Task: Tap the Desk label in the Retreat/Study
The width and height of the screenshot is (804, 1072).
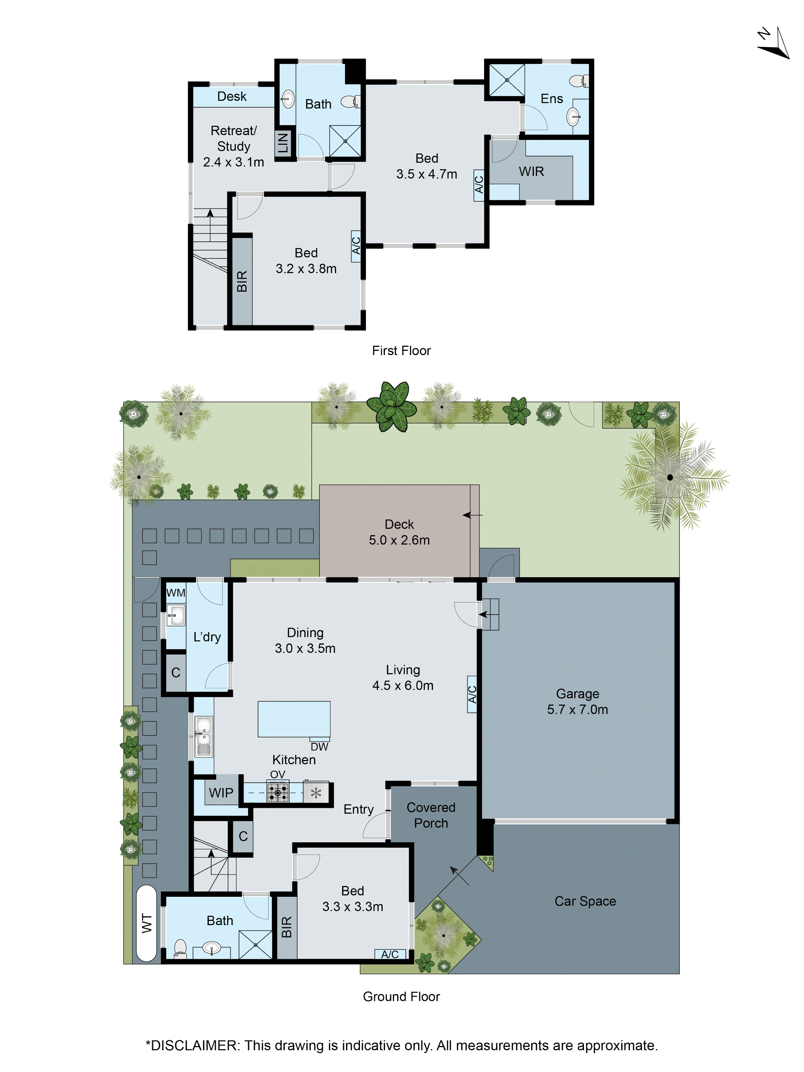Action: click(232, 96)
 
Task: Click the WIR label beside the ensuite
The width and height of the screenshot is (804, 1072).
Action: click(531, 172)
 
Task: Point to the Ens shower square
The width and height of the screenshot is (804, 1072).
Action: click(507, 80)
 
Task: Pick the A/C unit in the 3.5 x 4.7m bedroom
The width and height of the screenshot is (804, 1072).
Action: click(479, 185)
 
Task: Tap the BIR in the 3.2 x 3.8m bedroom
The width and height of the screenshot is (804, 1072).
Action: click(242, 281)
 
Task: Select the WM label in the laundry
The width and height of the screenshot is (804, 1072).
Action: click(176, 593)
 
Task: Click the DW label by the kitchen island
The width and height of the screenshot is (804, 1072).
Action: click(319, 747)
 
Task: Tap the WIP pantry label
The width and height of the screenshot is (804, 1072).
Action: click(221, 793)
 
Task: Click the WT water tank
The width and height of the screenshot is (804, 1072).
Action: click(146, 923)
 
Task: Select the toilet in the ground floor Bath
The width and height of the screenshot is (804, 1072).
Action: click(180, 947)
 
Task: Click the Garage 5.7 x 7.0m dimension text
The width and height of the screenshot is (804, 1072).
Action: click(577, 709)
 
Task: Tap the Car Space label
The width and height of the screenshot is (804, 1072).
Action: click(585, 901)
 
